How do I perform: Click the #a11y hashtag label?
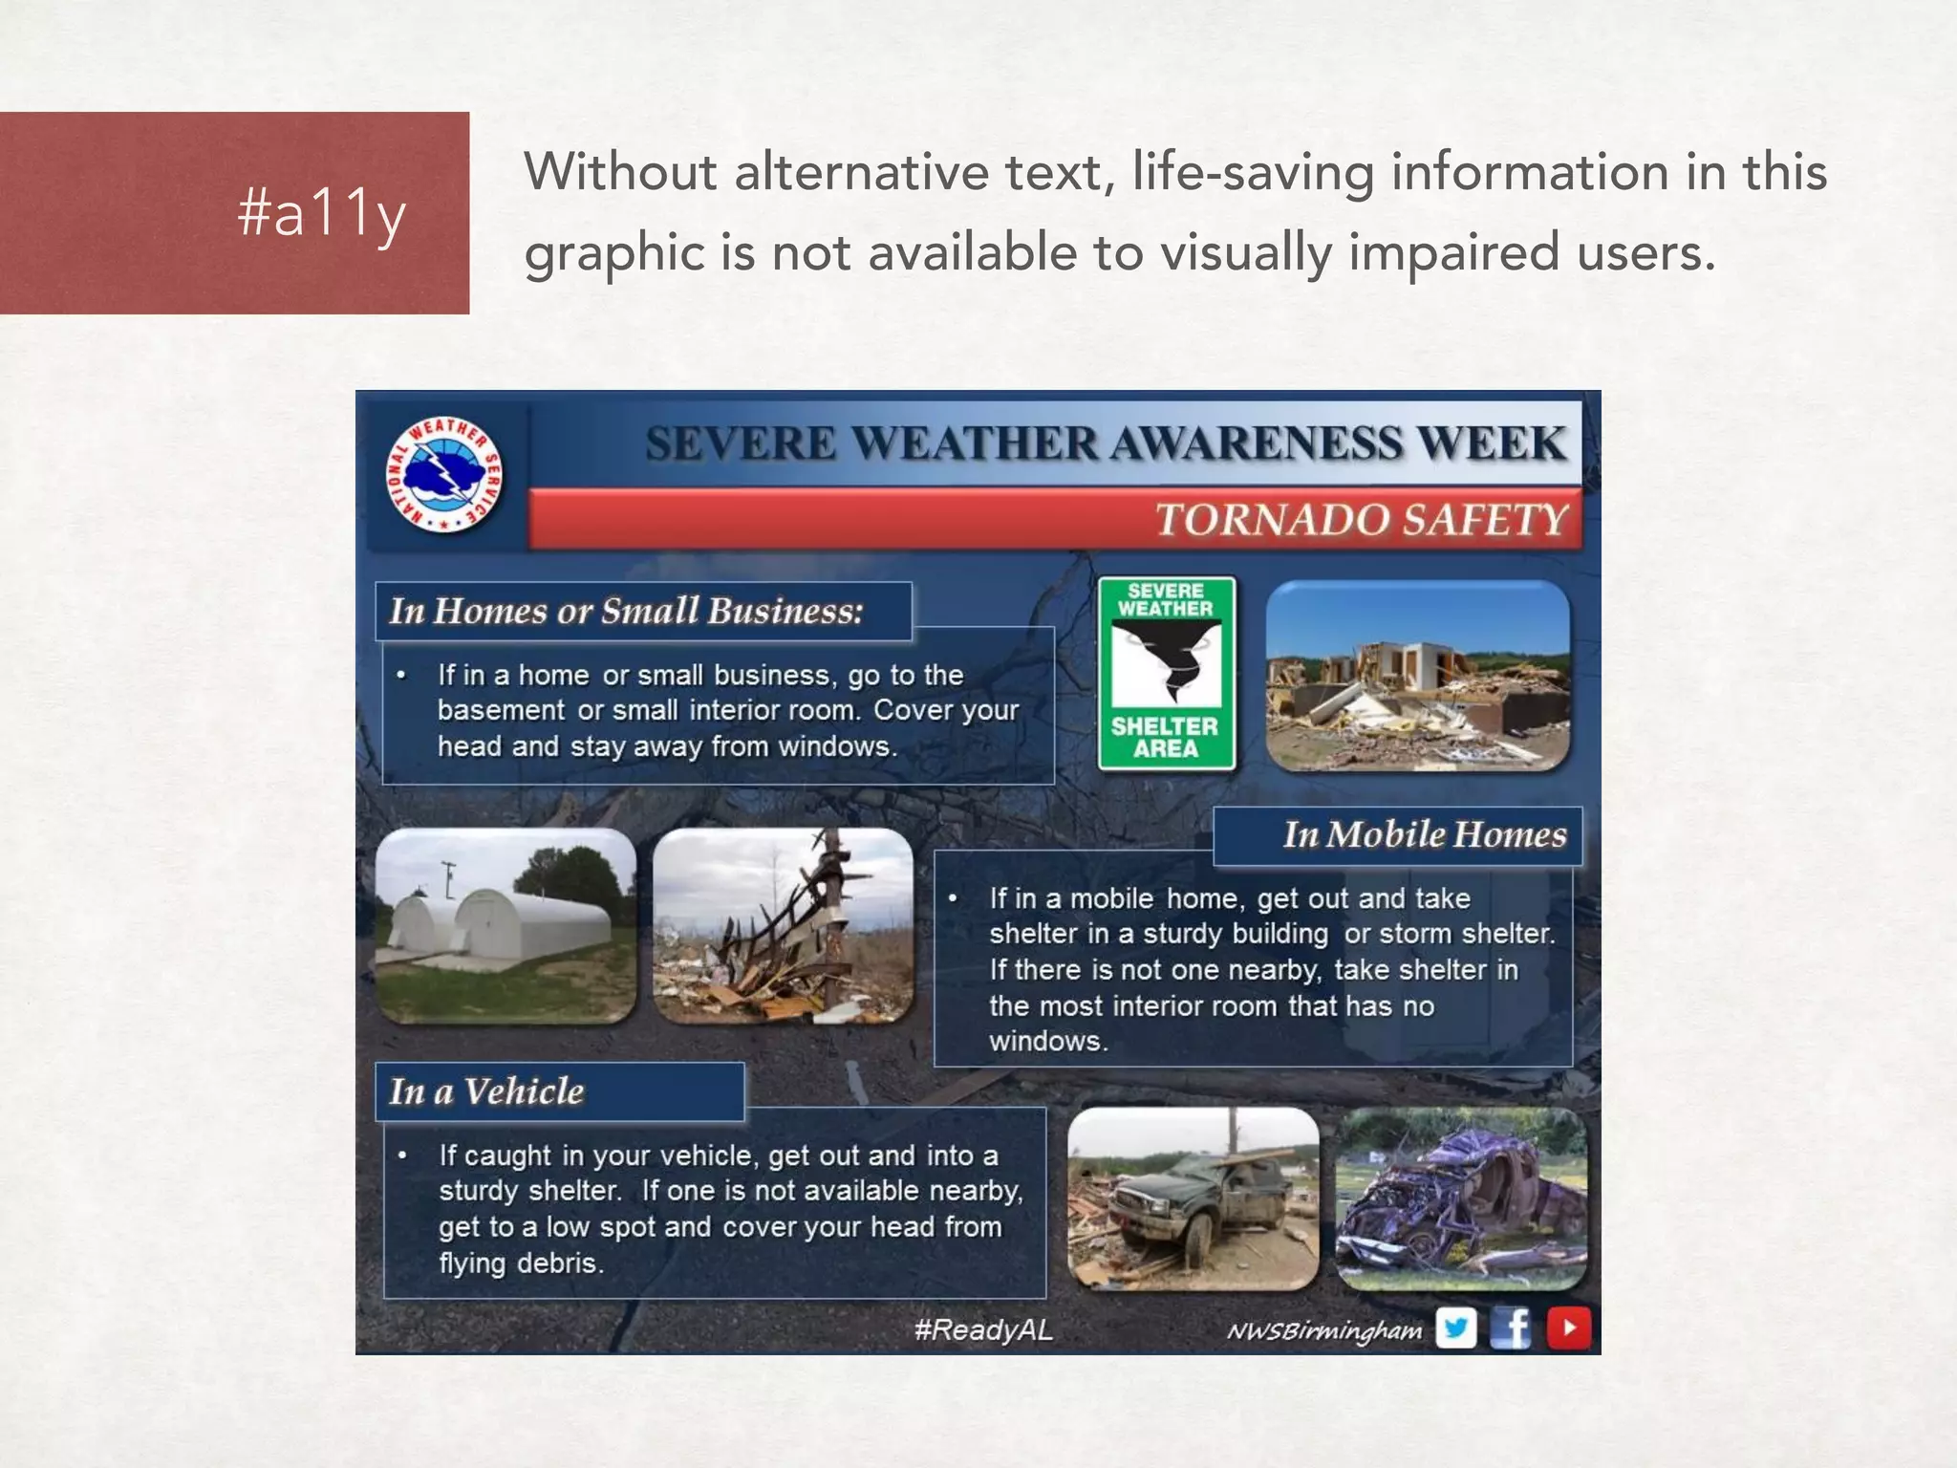pyautogui.click(x=321, y=213)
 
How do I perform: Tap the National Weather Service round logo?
pyautogui.click(x=444, y=474)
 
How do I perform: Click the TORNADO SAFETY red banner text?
pyautogui.click(x=1361, y=520)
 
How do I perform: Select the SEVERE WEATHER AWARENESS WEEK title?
pyautogui.click(x=1106, y=443)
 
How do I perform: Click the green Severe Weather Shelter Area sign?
pyautogui.click(x=1167, y=673)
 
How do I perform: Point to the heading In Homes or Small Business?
pyautogui.click(x=626, y=611)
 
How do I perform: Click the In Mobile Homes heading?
pyautogui.click(x=1424, y=835)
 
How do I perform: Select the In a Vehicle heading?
pyautogui.click(x=486, y=1091)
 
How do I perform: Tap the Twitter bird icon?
pyautogui.click(x=1455, y=1328)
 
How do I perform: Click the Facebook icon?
pyautogui.click(x=1512, y=1328)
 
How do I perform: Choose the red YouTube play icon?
pyautogui.click(x=1568, y=1328)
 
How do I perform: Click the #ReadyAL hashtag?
pyautogui.click(x=983, y=1329)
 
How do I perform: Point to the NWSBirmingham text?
pyautogui.click(x=1323, y=1331)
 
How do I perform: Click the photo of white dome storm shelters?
pyautogui.click(x=505, y=926)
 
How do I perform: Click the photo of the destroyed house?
pyautogui.click(x=1417, y=675)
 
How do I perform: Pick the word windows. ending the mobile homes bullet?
pyautogui.click(x=1048, y=1041)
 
